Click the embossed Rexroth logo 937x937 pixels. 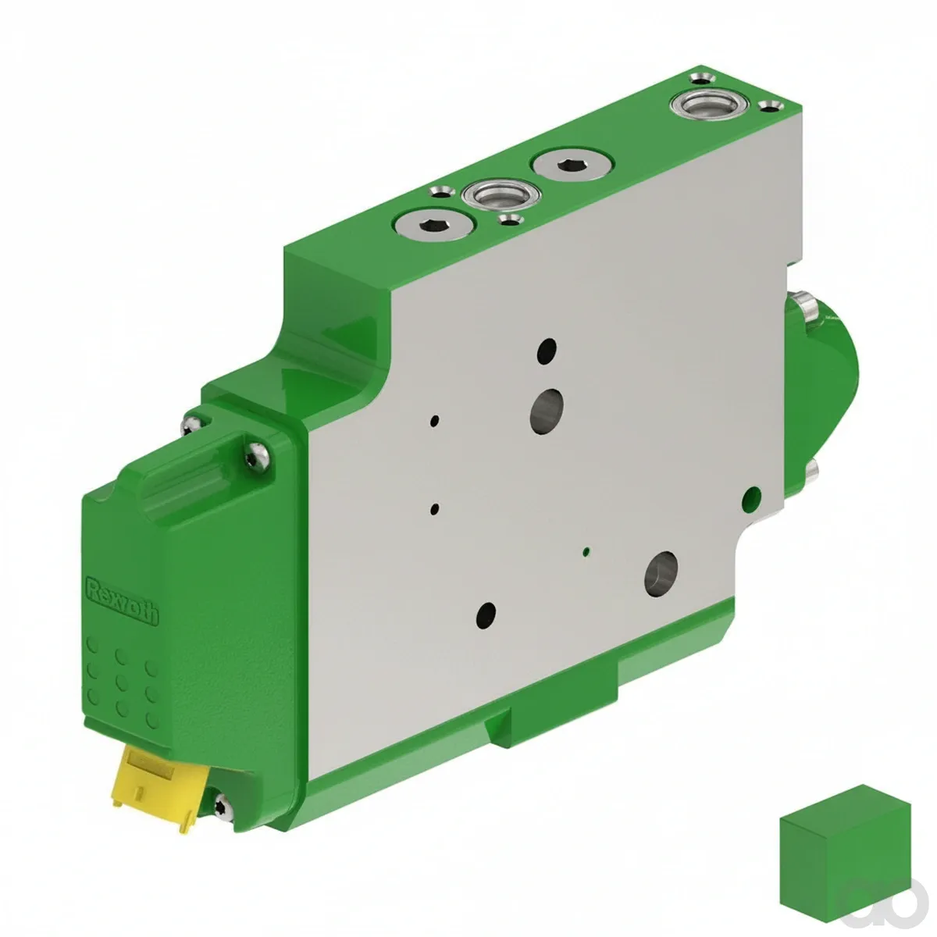[122, 601]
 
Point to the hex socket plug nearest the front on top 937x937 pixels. [434, 226]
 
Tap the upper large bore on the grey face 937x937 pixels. [547, 411]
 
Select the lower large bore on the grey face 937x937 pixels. [661, 574]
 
